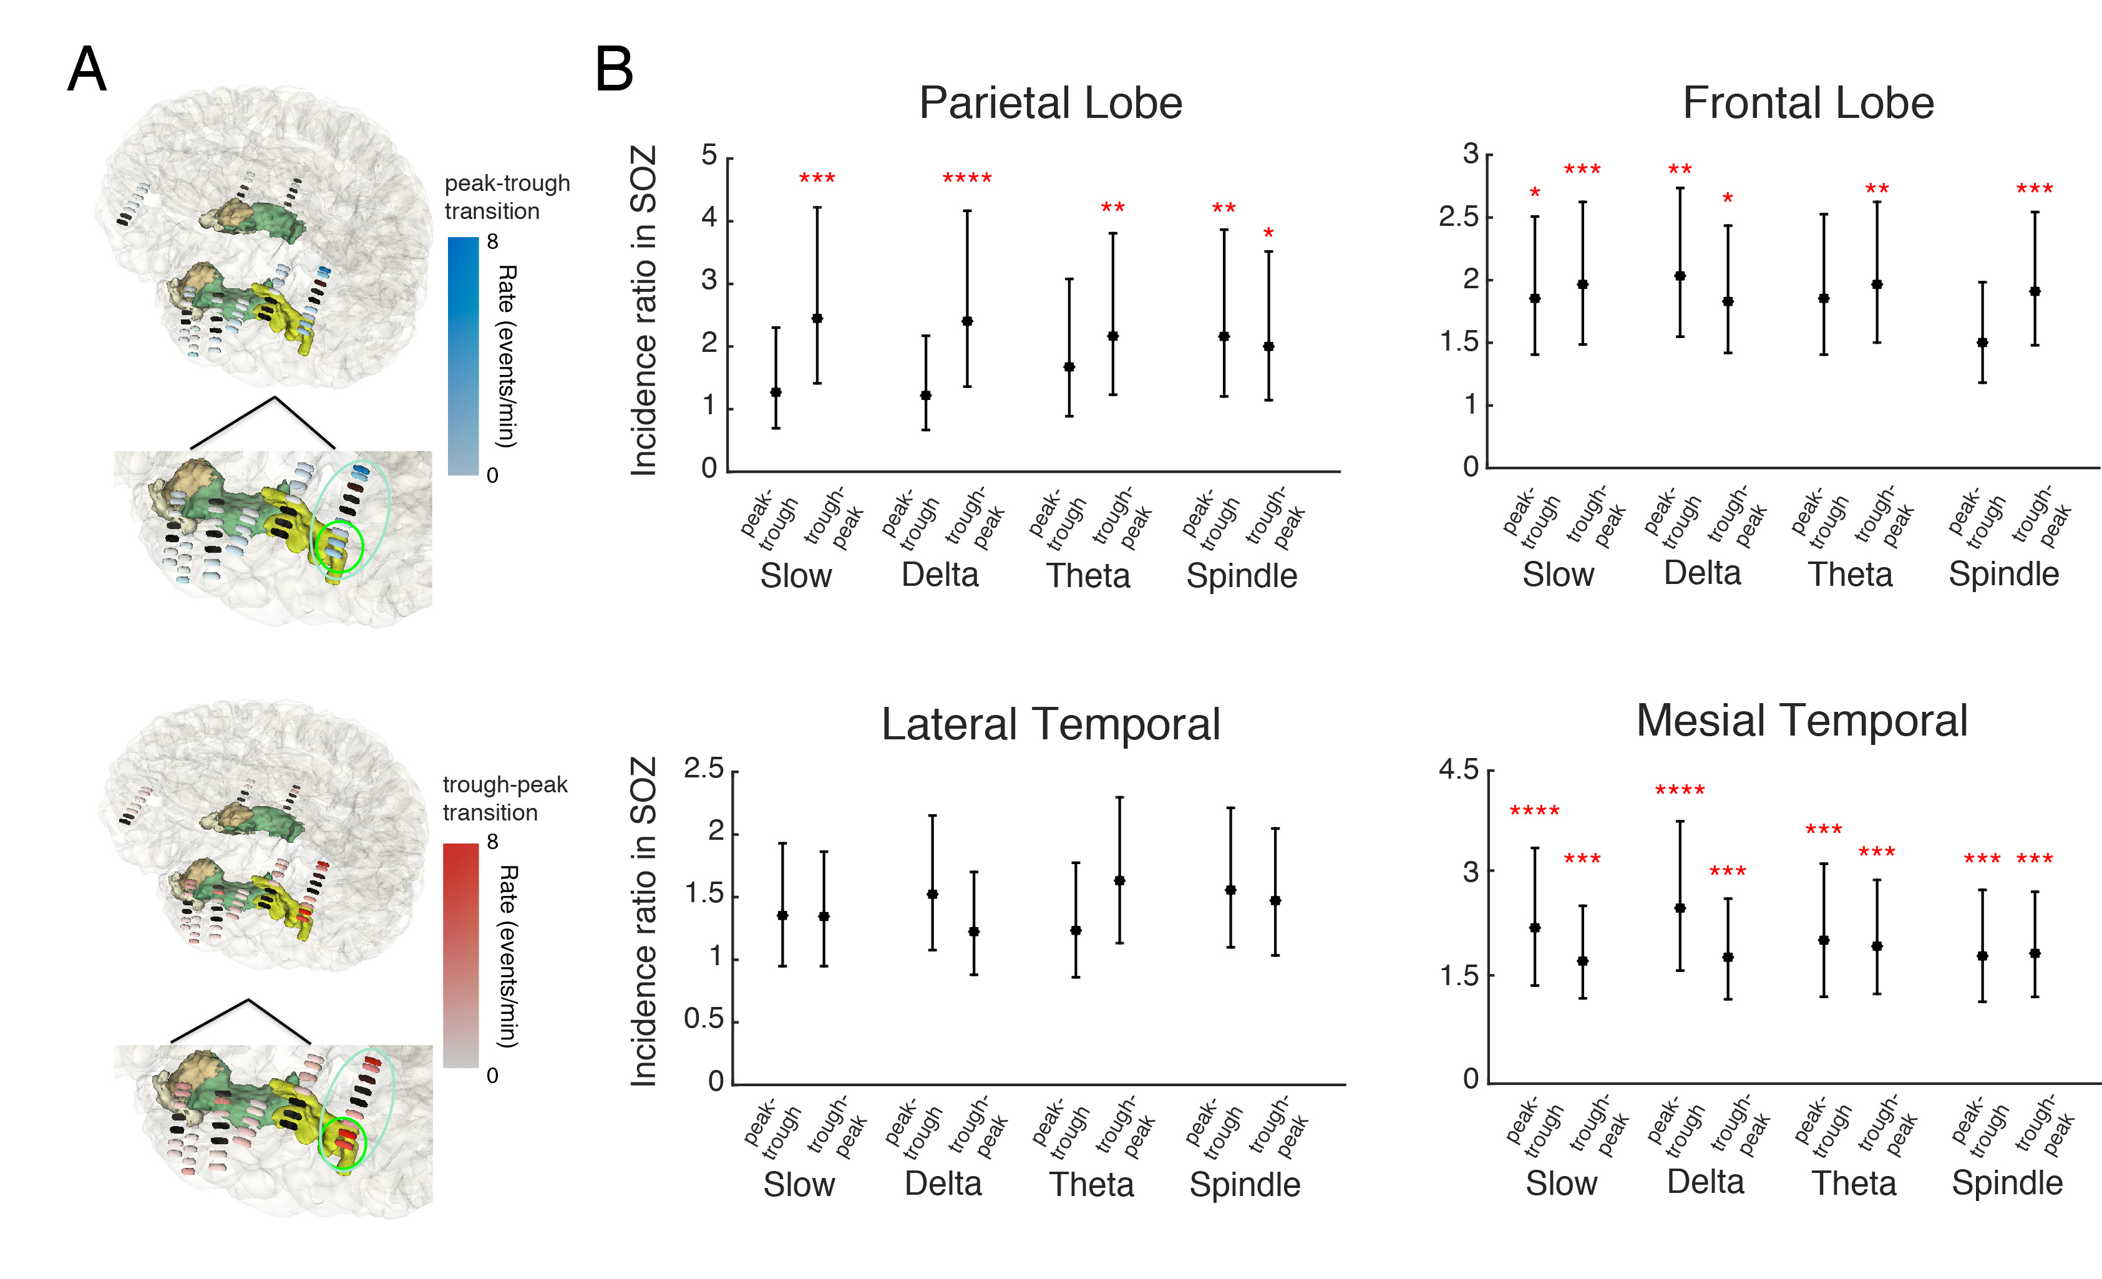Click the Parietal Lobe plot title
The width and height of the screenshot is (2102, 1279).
pyautogui.click(x=1050, y=103)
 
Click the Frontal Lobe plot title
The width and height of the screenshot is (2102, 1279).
pyautogui.click(x=1808, y=103)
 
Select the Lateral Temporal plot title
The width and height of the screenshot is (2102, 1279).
pyautogui.click(x=1050, y=724)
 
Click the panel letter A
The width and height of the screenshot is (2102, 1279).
pyautogui.click(x=87, y=69)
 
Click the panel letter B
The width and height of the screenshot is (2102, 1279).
pyautogui.click(x=614, y=69)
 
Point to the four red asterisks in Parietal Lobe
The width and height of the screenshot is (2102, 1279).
pyautogui.click(x=966, y=179)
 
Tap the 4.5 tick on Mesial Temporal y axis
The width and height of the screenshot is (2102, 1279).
pyautogui.click(x=1458, y=770)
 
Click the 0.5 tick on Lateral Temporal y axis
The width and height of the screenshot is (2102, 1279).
pyautogui.click(x=703, y=1019)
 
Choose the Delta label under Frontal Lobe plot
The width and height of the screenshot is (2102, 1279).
pyautogui.click(x=1702, y=573)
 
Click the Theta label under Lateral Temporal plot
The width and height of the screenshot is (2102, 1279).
pyautogui.click(x=1091, y=1184)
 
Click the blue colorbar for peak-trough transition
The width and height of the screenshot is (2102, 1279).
pyautogui.click(x=463, y=355)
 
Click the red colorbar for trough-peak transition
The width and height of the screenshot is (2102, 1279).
pyautogui.click(x=460, y=956)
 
